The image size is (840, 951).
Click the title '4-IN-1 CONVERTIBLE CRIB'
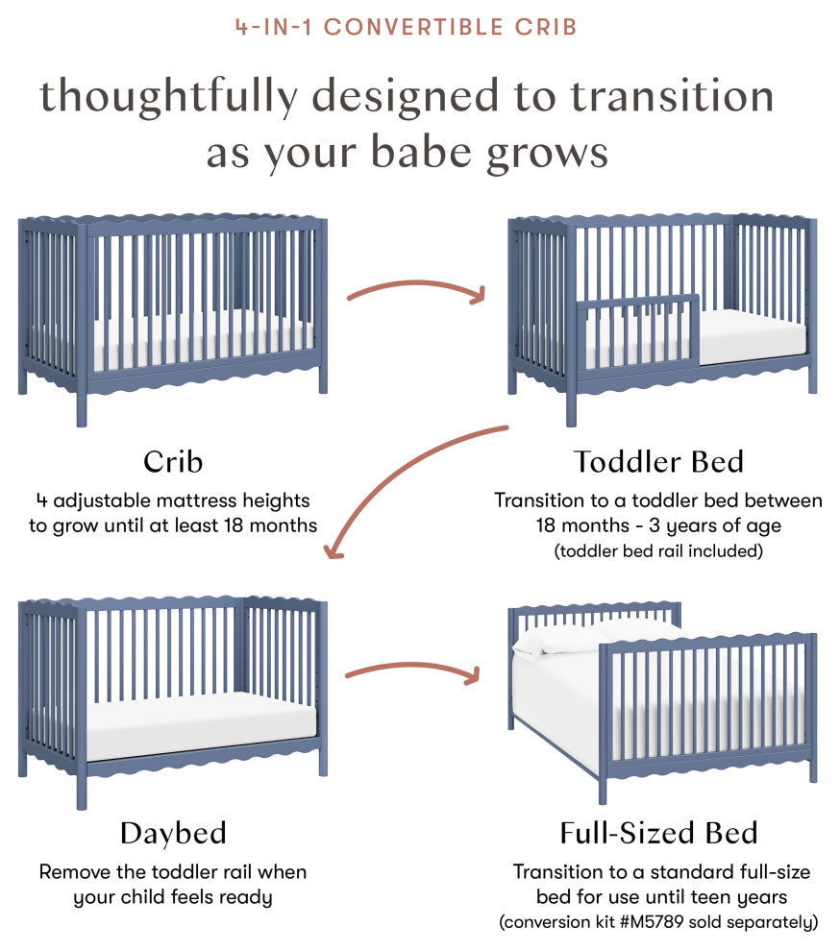[x=406, y=27]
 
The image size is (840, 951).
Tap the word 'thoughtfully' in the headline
[x=169, y=98]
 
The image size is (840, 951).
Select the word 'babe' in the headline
[x=421, y=152]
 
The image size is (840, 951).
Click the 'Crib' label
[x=173, y=461]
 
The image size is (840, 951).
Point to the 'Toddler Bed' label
[x=658, y=461]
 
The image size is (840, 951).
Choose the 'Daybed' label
[x=173, y=833]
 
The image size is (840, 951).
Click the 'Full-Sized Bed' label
[x=658, y=833]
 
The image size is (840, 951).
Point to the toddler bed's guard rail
[x=636, y=330]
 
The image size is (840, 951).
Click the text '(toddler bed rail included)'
[x=658, y=550]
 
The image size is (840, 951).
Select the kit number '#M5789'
[x=653, y=922]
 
